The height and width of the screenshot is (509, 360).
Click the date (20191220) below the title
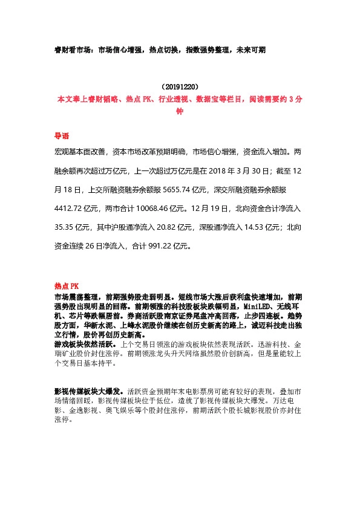pyautogui.click(x=180, y=87)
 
